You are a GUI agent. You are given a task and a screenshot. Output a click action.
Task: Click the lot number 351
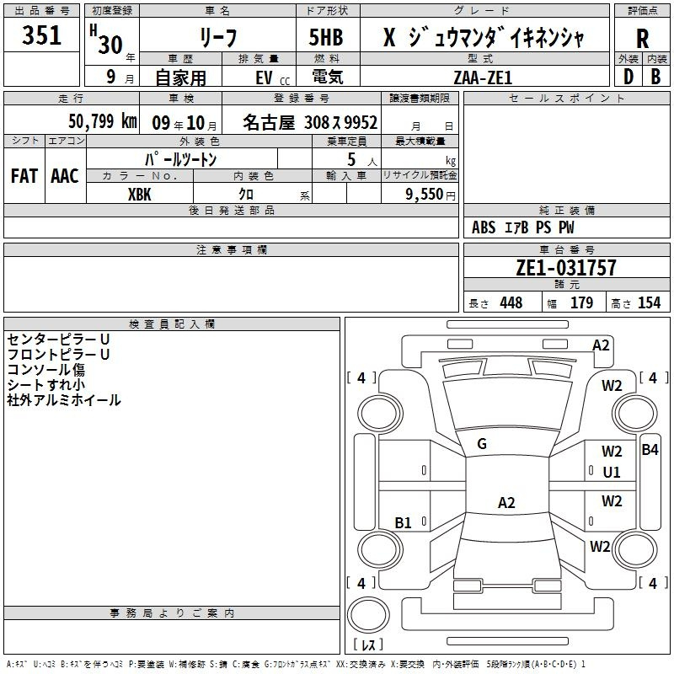(x=41, y=35)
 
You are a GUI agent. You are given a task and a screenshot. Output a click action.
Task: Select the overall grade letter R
(x=642, y=39)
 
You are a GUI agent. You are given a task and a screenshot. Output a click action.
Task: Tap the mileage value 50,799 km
(x=103, y=121)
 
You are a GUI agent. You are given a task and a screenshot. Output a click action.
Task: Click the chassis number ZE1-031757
(x=566, y=267)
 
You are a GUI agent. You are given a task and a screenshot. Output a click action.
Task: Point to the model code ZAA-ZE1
(x=483, y=78)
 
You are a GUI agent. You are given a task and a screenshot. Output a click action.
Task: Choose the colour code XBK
(x=140, y=195)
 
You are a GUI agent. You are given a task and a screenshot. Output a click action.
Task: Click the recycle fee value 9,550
(x=424, y=195)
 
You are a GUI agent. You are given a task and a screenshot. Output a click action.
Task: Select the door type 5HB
(x=326, y=37)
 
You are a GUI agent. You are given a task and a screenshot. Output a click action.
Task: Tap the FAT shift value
(x=24, y=176)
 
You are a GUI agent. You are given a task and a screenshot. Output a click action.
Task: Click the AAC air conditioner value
(x=65, y=176)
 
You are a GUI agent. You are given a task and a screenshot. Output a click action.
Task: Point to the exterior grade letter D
(x=629, y=77)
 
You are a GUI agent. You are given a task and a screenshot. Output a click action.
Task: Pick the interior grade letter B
(x=655, y=77)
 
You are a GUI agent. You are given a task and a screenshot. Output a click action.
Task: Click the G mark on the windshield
(x=482, y=444)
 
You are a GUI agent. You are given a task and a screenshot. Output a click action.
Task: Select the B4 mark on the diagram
(x=650, y=450)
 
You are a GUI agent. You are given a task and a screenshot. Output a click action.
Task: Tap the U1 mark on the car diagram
(x=612, y=473)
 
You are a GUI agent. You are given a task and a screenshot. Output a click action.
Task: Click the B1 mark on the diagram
(x=403, y=522)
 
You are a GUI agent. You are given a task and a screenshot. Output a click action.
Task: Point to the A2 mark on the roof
(x=506, y=502)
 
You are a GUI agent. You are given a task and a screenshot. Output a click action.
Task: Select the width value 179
(x=581, y=302)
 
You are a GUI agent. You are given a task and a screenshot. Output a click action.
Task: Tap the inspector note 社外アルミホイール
(x=64, y=400)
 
